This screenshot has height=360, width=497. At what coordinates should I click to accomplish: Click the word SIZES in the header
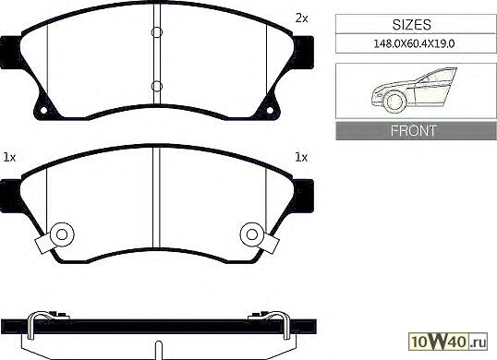coord(412,25)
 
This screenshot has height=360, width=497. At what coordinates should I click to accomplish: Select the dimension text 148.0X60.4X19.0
coord(414,43)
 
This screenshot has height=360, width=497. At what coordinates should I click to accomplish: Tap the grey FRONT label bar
coord(416,131)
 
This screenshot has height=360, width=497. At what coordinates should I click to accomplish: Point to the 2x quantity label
coord(301,18)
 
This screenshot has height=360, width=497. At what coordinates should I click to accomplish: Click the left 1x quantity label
coord(9,157)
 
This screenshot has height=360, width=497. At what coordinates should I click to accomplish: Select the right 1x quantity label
coord(301,157)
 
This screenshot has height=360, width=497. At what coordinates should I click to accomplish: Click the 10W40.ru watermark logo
coord(448,342)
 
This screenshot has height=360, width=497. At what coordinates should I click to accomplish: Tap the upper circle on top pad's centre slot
coord(157,32)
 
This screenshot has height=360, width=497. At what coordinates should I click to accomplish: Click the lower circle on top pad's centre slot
coord(157,86)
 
